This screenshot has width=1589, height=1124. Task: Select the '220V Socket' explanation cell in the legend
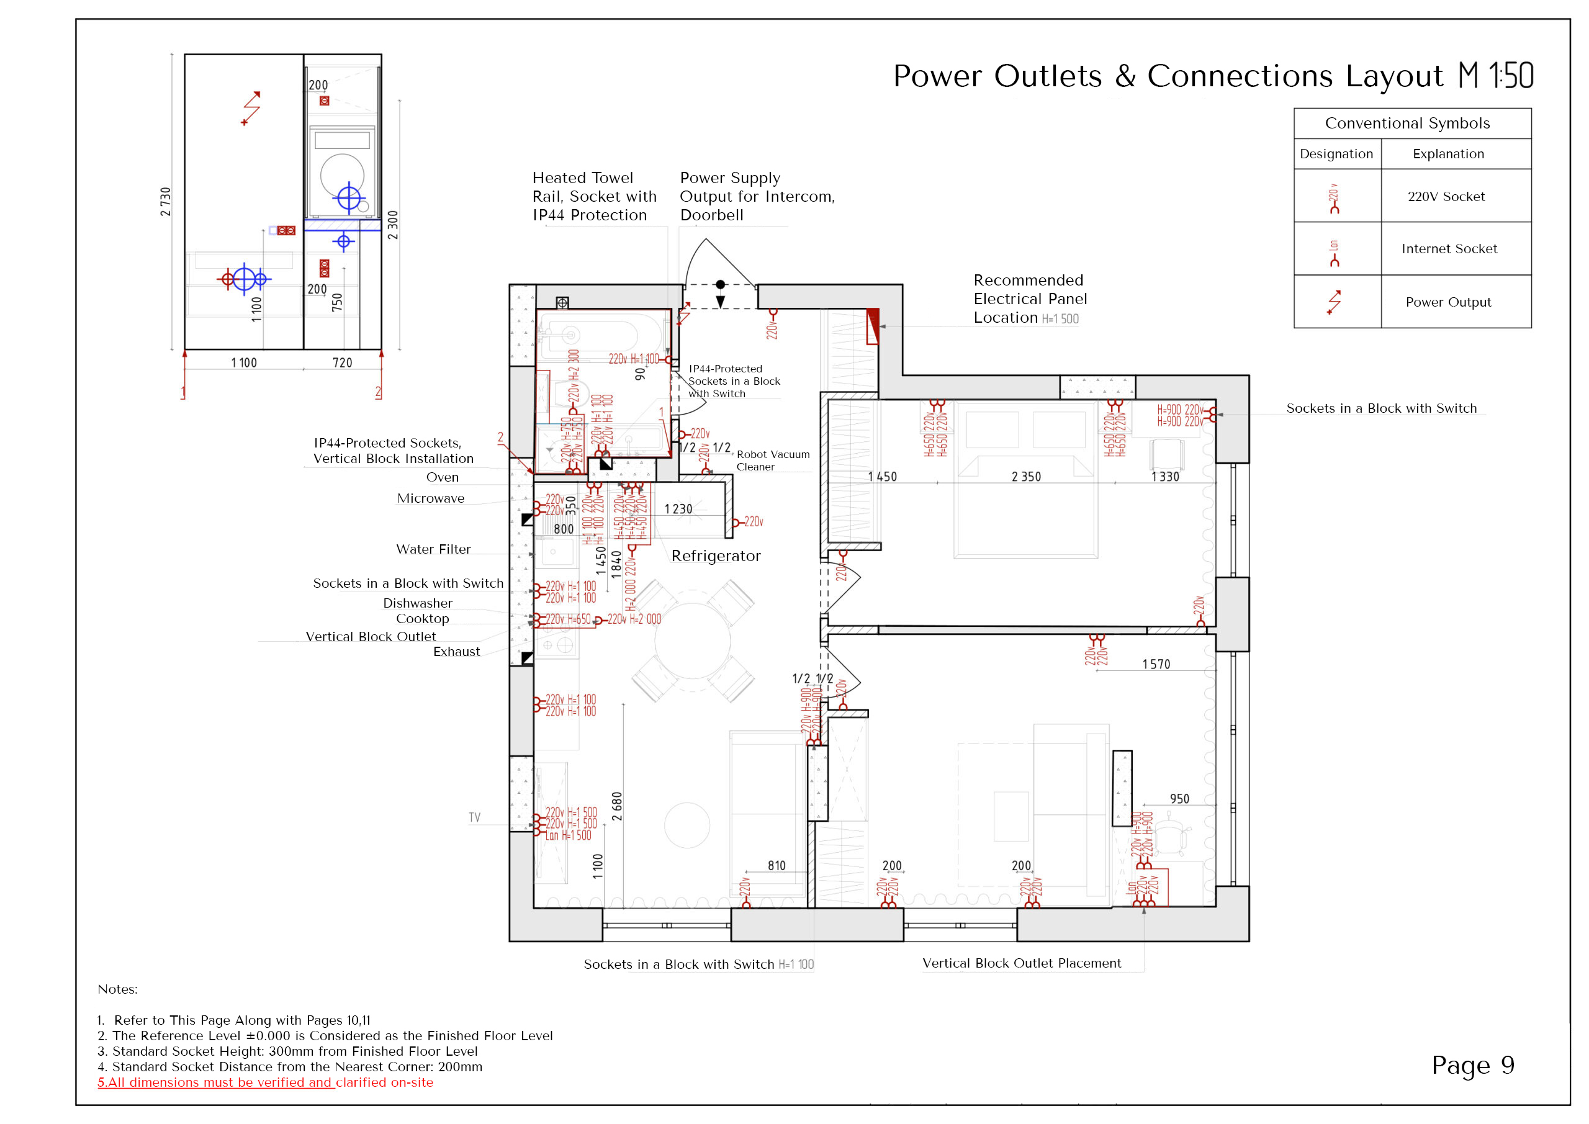pyautogui.click(x=1446, y=197)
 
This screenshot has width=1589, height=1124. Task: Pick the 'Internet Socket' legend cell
pyautogui.click(x=1449, y=248)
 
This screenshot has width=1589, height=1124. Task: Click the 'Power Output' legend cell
pyautogui.click(x=1448, y=302)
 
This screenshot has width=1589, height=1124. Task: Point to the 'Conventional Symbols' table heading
pyautogui.click(x=1407, y=123)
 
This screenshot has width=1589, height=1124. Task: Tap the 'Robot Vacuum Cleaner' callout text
pyautogui.click(x=772, y=461)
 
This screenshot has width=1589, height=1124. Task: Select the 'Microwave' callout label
pyautogui.click(x=431, y=498)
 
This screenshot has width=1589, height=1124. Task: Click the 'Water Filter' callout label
pyautogui.click(x=433, y=549)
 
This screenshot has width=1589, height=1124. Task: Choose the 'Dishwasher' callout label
pyautogui.click(x=417, y=603)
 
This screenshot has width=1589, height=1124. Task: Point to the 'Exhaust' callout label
pyautogui.click(x=456, y=651)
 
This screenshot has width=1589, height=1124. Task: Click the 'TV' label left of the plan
pyautogui.click(x=474, y=817)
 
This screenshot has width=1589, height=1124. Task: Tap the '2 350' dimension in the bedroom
pyautogui.click(x=1025, y=477)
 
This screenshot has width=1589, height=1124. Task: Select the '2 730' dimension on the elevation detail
pyautogui.click(x=165, y=202)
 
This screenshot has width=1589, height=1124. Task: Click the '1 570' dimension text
pyautogui.click(x=1156, y=665)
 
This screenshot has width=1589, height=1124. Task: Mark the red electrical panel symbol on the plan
pyautogui.click(x=873, y=326)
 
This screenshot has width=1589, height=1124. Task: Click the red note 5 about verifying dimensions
pyautogui.click(x=265, y=1082)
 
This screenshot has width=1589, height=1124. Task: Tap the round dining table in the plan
pyautogui.click(x=692, y=641)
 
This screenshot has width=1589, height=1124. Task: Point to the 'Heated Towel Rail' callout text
pyautogui.click(x=594, y=197)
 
